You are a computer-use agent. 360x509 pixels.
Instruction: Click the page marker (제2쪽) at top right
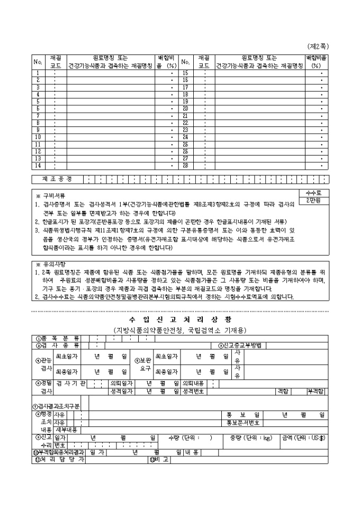click(318, 47)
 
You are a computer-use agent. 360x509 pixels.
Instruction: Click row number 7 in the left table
click(38, 115)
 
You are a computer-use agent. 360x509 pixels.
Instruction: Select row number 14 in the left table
click(38, 165)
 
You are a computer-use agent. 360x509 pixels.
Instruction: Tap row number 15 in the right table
click(185, 72)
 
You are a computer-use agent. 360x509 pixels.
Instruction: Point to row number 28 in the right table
click(185, 165)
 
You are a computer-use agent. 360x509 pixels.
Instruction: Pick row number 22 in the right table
click(185, 122)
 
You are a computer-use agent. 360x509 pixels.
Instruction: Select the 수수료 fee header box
click(314, 193)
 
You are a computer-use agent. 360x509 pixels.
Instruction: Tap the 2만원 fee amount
click(314, 201)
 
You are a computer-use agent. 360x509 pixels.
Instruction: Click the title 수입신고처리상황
click(179, 320)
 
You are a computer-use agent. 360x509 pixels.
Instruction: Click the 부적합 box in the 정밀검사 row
click(317, 391)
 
